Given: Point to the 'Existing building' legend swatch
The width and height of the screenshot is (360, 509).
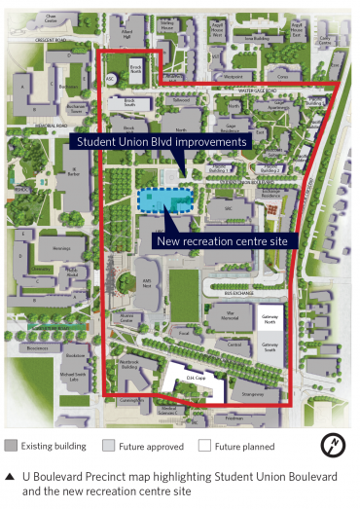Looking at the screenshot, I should (x=11, y=447).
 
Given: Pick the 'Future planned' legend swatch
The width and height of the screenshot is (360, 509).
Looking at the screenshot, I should (x=204, y=447).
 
